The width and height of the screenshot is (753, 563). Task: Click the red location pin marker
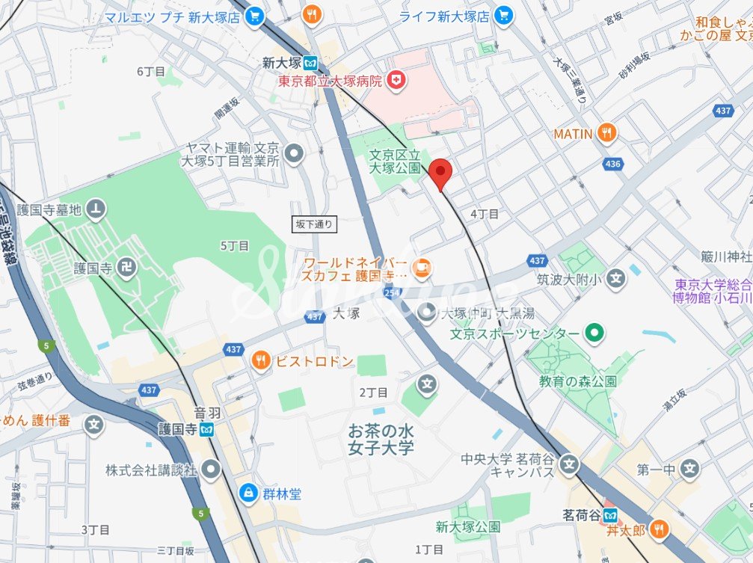(441, 174)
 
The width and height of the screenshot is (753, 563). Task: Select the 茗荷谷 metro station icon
(611, 515)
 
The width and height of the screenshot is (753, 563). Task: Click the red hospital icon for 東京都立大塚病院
(396, 80)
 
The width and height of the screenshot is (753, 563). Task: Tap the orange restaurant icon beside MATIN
(607, 134)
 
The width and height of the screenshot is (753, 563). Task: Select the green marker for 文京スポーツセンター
(594, 333)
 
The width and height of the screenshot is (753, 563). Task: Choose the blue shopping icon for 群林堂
(247, 493)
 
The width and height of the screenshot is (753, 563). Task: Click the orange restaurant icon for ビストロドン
(261, 361)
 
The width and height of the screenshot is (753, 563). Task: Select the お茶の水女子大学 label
(381, 440)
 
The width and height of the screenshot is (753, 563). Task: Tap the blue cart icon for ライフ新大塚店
(504, 16)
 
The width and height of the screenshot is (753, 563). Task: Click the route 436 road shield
(612, 163)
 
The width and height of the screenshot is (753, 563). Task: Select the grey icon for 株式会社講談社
(212, 470)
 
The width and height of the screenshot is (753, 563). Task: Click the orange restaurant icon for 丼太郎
(659, 530)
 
